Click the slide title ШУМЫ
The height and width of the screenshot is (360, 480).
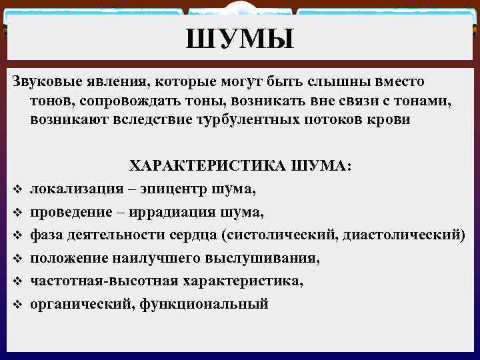tap(240, 41)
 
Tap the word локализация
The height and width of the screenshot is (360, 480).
tap(77, 189)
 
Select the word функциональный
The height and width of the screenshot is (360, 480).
tap(212, 304)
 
